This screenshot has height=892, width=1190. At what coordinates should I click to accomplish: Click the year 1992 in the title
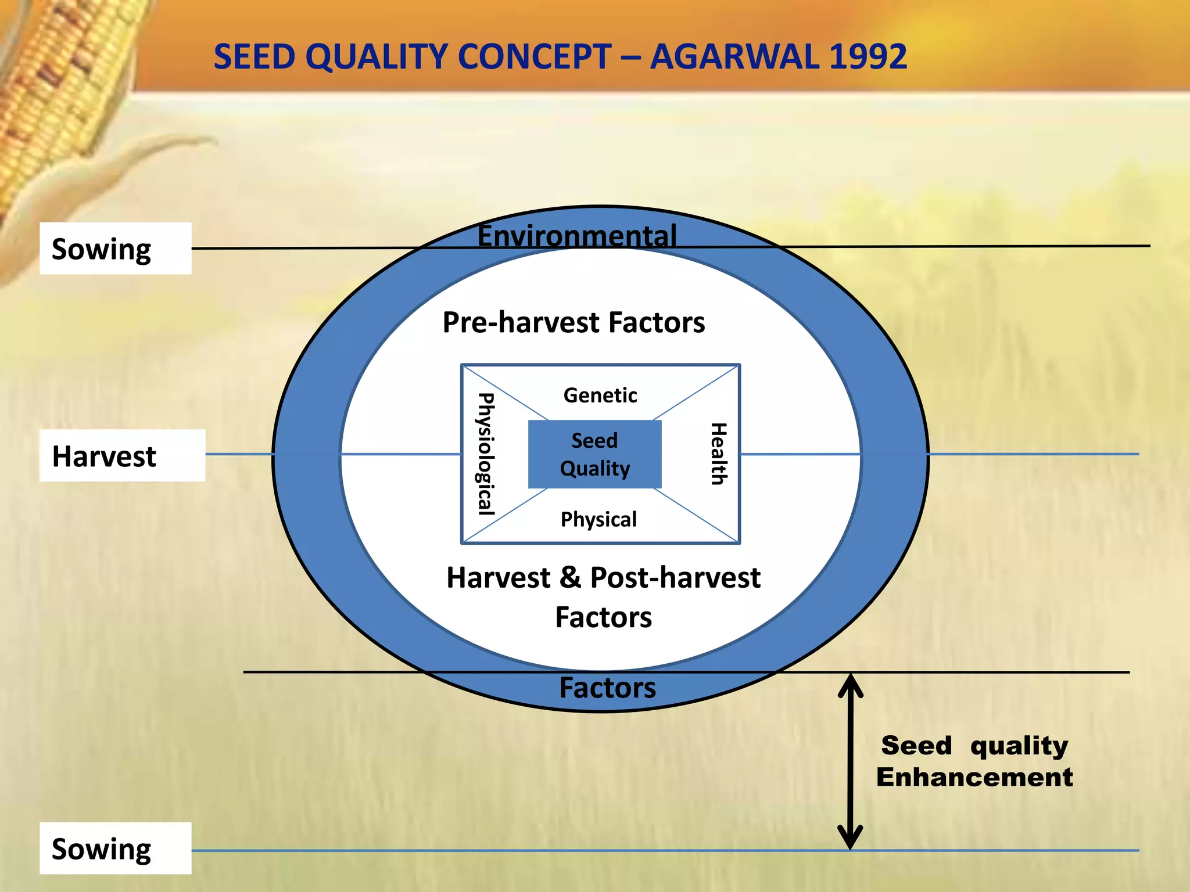coord(868,57)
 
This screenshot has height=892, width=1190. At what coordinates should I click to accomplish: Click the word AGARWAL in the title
coord(734,57)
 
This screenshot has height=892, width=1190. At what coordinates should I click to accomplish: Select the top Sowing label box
coord(115,249)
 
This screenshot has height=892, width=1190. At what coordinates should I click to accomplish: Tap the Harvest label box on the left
coord(122,456)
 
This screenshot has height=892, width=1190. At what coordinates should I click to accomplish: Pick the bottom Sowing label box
coord(115,848)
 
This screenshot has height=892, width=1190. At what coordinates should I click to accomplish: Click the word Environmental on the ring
coord(577,235)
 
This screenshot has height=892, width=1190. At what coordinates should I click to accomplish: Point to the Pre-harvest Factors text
coord(574,322)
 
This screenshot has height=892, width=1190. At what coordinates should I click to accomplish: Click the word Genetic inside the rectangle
coord(600,395)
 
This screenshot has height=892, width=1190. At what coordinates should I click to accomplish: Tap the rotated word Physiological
coord(486,454)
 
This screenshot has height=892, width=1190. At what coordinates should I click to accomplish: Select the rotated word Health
coord(719,454)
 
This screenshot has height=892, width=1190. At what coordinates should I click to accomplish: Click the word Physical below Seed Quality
coord(598,519)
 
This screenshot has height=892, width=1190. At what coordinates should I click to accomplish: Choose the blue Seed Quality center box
coord(594,455)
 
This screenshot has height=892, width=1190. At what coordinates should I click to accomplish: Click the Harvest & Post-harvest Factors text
coord(603,597)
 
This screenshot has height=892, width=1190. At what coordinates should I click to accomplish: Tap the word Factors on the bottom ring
coord(607,688)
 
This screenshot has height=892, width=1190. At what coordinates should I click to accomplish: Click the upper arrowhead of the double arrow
coord(850,685)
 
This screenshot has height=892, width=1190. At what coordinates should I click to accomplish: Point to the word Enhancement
coord(974,778)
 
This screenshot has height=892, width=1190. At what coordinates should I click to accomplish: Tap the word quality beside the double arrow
coord(1019,746)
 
